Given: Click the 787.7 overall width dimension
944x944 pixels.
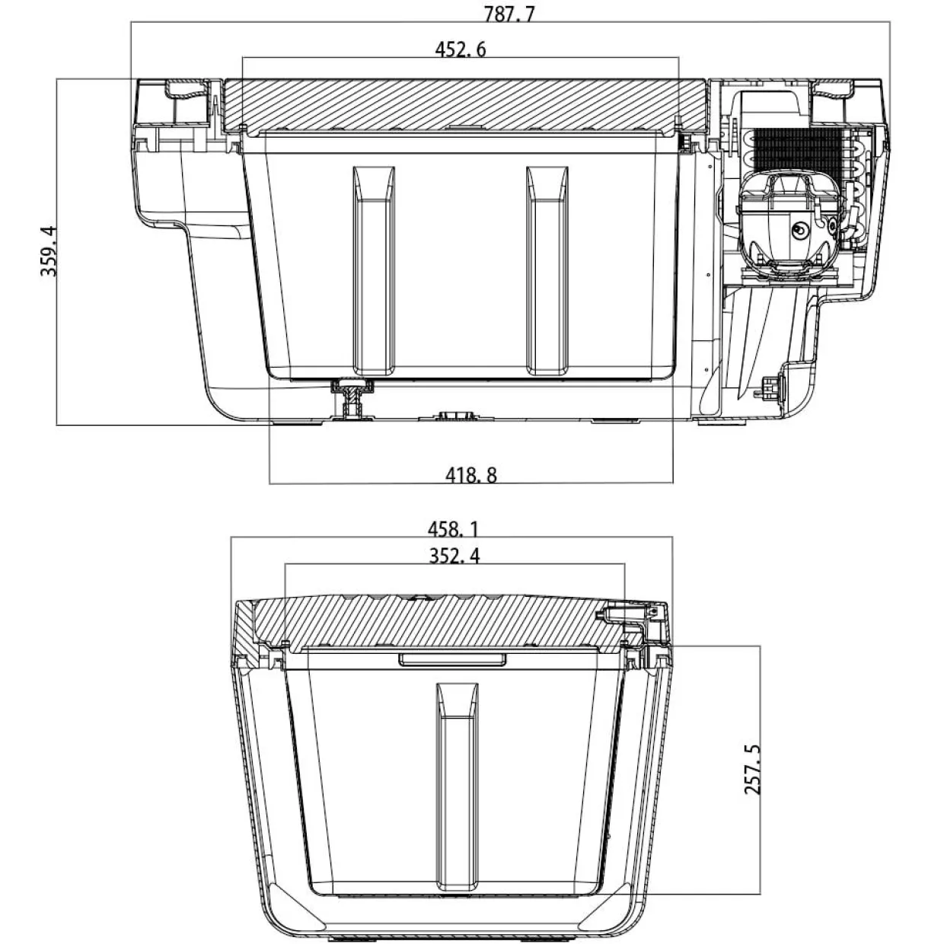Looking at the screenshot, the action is pos(509,14).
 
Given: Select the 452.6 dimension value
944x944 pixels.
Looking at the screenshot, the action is pos(461,49).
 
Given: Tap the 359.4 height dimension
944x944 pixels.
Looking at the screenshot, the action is pos(49,251).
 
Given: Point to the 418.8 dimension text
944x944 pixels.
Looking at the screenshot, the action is pos(471,475).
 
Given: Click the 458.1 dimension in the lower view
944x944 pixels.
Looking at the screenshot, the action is pos(453,529).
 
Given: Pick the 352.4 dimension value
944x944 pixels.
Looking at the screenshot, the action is pos(454,556).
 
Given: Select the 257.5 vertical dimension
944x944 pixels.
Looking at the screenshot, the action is pos(752,770).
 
